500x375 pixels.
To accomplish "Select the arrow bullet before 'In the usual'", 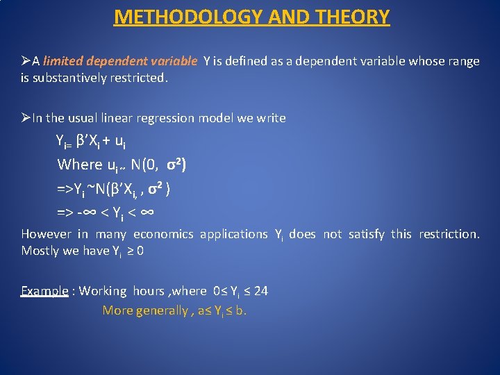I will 26,117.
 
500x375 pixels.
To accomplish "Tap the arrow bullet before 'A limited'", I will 26,60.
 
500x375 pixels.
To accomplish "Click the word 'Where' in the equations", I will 79,165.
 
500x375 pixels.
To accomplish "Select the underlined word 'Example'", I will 44,291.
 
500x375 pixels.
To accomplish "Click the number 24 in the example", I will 260,291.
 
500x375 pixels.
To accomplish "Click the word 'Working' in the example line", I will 103,291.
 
